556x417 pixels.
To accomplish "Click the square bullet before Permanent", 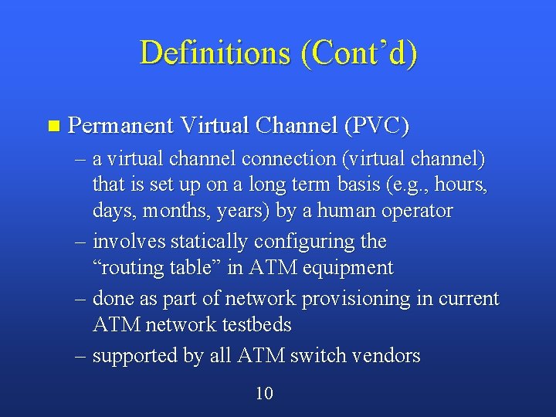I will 53,125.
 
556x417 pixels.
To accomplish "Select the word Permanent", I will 120,125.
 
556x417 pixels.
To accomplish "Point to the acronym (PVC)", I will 377,125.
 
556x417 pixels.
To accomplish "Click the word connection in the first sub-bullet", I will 288,159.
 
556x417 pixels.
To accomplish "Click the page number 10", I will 264,394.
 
